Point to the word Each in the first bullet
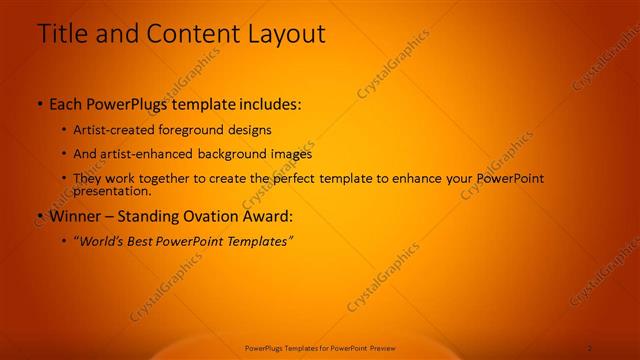tap(66, 104)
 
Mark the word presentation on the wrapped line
tap(113, 190)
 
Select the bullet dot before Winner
tap(39, 216)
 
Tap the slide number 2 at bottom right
tap(589, 348)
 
